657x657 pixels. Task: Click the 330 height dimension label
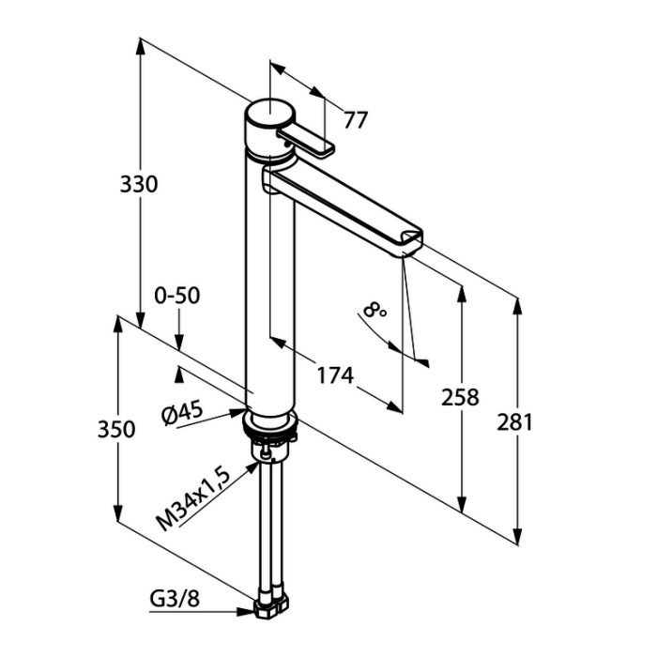pos(139,184)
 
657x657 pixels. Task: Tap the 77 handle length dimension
pos(356,120)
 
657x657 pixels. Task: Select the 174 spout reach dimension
pos(335,375)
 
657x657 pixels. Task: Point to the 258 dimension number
pos(460,397)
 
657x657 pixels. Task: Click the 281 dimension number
pos(515,422)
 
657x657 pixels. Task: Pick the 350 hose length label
pos(116,430)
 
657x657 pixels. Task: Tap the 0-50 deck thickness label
pos(177,296)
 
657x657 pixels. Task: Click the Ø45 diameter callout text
pos(182,412)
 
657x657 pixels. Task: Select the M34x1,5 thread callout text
pos(193,499)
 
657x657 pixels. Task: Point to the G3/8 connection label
pos(175,600)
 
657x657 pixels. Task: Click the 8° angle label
pos(375,311)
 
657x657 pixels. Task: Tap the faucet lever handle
pos(306,142)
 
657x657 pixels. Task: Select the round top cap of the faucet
pos(270,113)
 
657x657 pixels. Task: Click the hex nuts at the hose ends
pos(271,606)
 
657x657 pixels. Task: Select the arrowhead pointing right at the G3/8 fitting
pos(246,612)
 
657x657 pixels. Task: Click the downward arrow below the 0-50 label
pos(179,342)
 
